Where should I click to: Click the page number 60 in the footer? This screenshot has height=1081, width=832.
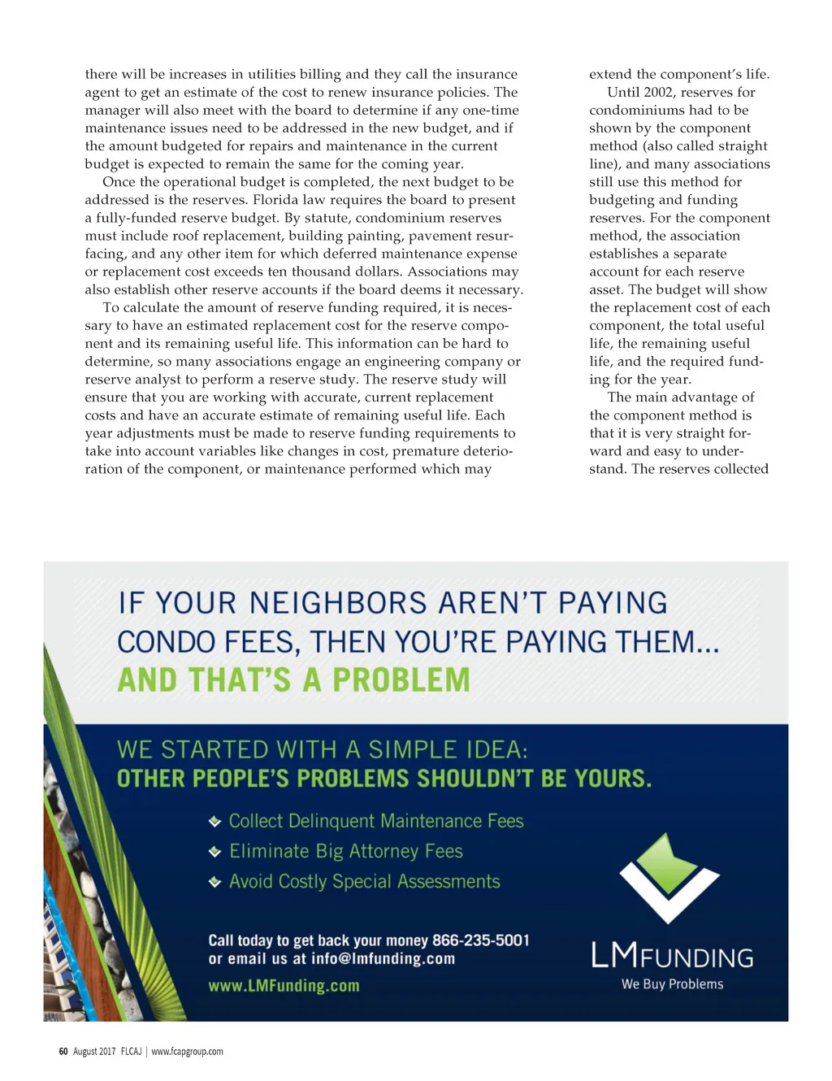pyautogui.click(x=63, y=1051)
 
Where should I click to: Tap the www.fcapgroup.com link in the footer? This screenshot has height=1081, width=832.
pyautogui.click(x=187, y=1051)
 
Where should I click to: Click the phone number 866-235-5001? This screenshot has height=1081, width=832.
pyautogui.click(x=480, y=940)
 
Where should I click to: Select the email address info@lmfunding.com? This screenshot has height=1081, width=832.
pyautogui.click(x=383, y=959)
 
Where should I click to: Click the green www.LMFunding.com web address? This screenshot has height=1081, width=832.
pyautogui.click(x=284, y=986)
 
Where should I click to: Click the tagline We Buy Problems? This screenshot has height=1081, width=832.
pyautogui.click(x=672, y=984)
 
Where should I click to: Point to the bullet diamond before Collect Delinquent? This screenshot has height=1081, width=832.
pyautogui.click(x=215, y=822)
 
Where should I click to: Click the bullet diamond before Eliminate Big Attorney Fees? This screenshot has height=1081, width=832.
pyautogui.click(x=215, y=852)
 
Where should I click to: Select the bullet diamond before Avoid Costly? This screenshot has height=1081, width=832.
pyautogui.click(x=215, y=882)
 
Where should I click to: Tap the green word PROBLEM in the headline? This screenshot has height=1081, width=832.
pyautogui.click(x=401, y=679)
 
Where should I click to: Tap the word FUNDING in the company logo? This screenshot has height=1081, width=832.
pyautogui.click(x=696, y=958)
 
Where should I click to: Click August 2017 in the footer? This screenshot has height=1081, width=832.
pyautogui.click(x=94, y=1051)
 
